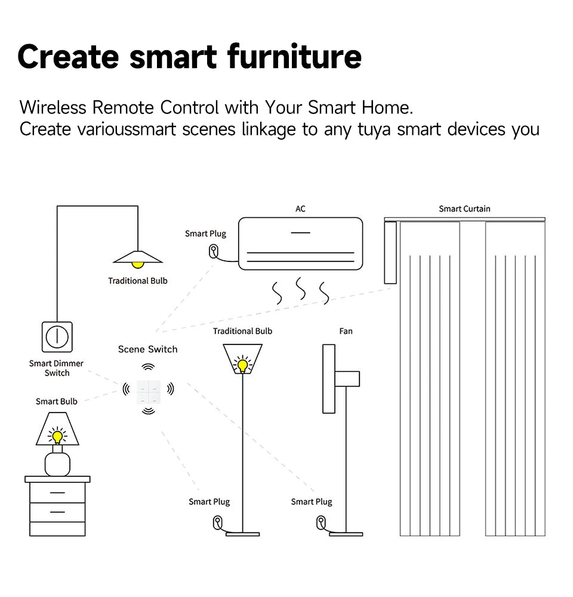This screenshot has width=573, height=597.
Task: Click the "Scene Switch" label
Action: coord(147,349)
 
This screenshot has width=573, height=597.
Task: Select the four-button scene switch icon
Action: coord(148,389)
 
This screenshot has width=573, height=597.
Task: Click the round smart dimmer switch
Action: coord(57,337)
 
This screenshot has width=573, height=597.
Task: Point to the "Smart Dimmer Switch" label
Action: coord(57,368)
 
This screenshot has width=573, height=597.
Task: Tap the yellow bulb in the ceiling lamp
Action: coord(138,263)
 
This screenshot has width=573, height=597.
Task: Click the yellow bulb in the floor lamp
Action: coord(242,364)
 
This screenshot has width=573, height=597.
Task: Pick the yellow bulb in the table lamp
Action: coord(57,436)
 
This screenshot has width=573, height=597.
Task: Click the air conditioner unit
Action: coord(300,243)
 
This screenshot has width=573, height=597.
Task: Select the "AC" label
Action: coord(300,209)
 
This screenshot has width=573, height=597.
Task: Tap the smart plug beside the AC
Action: coord(213,251)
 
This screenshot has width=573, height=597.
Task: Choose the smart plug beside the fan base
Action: coord(321,524)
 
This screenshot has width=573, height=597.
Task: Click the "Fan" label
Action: coord(346,331)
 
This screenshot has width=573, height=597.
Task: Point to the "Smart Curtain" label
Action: coord(464,209)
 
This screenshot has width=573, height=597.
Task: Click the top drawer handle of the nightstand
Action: coord(57,493)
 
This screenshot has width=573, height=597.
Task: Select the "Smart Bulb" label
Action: coord(56,402)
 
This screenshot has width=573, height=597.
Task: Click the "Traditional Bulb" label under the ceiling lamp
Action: coord(138,281)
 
